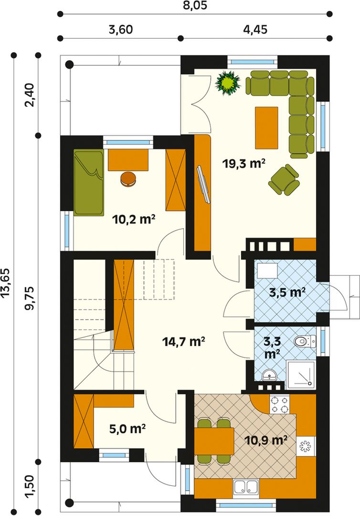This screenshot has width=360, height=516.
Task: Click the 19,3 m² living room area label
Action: [x=244, y=163]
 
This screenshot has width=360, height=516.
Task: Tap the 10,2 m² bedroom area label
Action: [x=134, y=219]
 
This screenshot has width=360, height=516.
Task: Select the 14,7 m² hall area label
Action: [x=184, y=342]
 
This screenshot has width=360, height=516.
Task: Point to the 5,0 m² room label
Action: [x=127, y=429]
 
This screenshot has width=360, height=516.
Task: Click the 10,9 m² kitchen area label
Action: [x=266, y=440]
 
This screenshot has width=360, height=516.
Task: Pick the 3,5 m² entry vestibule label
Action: [x=287, y=292]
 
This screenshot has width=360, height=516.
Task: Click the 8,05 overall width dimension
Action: [x=195, y=5]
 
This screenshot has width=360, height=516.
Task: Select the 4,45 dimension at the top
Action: [x=255, y=30]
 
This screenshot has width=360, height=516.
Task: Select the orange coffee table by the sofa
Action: [x=266, y=128]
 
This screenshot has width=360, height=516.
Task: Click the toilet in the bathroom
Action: [x=305, y=341]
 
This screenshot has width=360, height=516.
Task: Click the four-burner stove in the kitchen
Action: [x=280, y=405]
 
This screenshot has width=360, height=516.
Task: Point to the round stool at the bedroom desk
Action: [x=128, y=179]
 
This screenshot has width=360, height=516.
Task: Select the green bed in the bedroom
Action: [x=89, y=183]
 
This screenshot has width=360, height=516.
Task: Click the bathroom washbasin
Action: [x=270, y=375]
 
